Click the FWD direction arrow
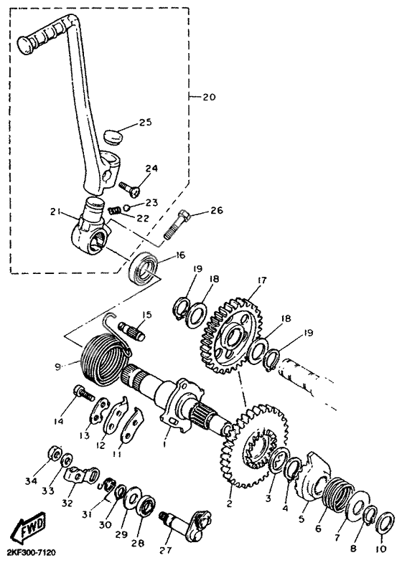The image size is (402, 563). [x=29, y=528]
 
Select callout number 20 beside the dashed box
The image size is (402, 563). [x=208, y=97]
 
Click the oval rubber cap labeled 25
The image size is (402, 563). [x=113, y=138]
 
